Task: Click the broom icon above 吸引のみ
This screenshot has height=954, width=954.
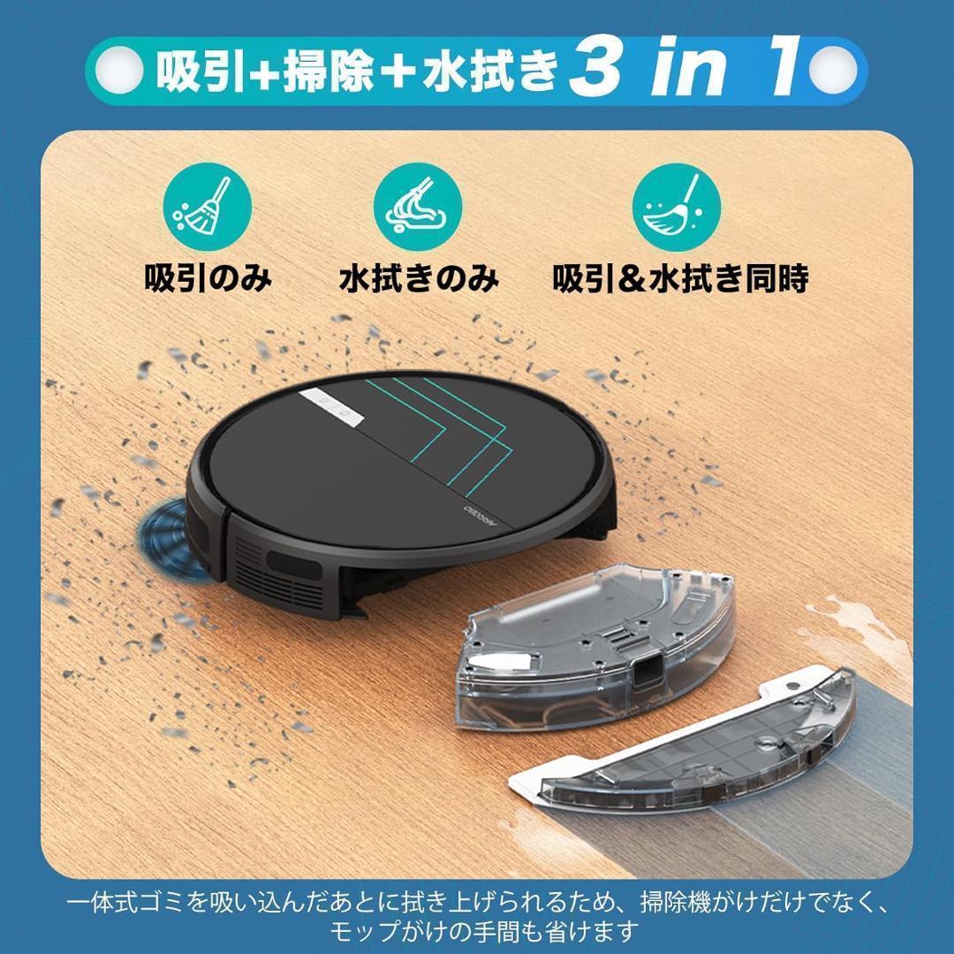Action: pyautogui.click(x=208, y=210)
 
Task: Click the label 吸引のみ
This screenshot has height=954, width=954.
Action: pyautogui.click(x=208, y=278)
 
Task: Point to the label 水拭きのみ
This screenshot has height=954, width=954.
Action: pyautogui.click(x=419, y=278)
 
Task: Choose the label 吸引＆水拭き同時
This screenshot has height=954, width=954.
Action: pyautogui.click(x=680, y=278)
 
